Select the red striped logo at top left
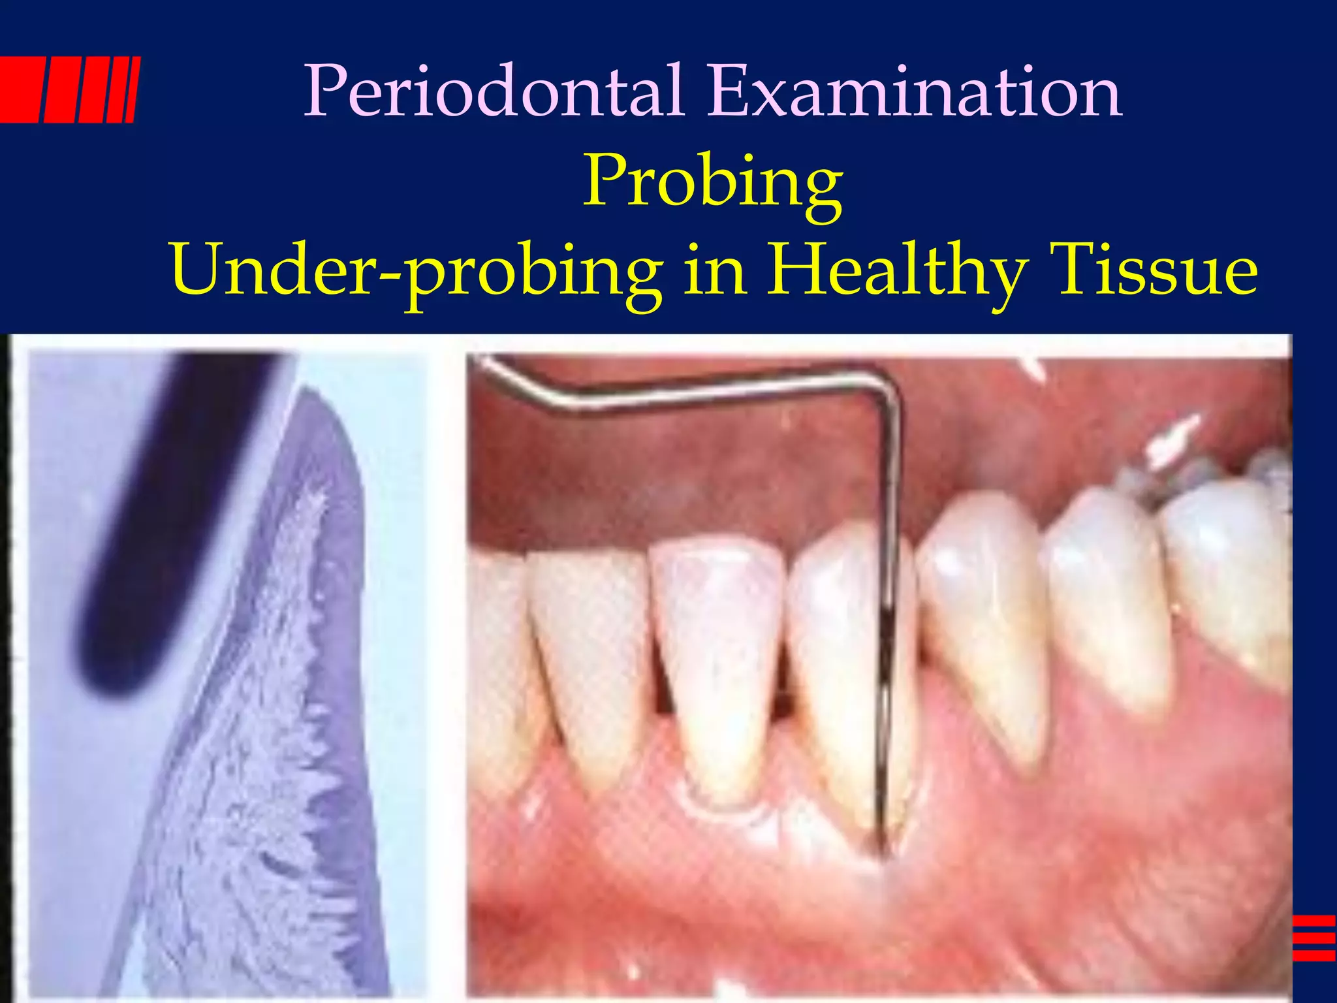69,89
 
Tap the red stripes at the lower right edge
1313,938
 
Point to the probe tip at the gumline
883,849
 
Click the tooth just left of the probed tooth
718,653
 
